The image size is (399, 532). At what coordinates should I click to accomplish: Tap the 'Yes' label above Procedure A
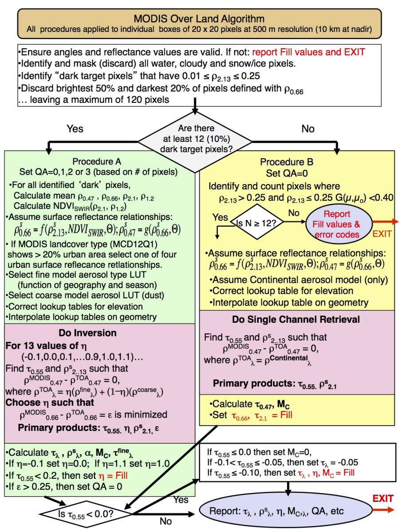(x=74, y=129)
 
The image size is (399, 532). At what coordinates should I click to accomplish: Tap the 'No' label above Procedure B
(x=307, y=129)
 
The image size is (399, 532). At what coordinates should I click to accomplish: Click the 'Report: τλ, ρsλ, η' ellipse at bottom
(x=283, y=511)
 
